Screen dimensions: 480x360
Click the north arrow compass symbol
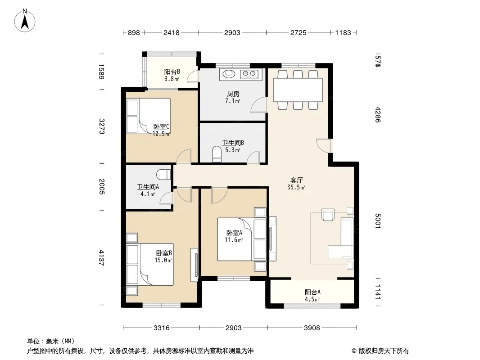click(x=25, y=21)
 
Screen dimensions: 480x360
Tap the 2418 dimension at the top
click(x=172, y=32)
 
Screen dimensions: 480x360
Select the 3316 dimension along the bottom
click(x=161, y=328)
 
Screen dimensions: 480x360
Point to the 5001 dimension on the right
click(x=378, y=221)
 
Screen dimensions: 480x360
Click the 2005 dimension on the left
click(x=102, y=186)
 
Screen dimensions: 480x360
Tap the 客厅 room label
click(x=296, y=180)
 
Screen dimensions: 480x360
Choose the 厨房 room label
click(x=233, y=94)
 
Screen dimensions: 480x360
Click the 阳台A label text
click(x=312, y=292)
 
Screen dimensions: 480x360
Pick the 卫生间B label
click(x=233, y=143)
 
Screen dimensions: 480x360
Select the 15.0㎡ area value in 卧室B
click(x=163, y=260)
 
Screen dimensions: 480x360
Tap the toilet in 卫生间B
click(x=217, y=154)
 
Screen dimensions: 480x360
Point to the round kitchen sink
click(x=228, y=73)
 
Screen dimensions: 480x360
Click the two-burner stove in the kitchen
click(x=249, y=74)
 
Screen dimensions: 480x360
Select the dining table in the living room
click(x=298, y=90)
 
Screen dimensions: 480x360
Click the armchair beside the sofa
click(x=328, y=214)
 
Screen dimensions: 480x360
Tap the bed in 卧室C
click(x=149, y=116)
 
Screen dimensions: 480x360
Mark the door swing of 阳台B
click(x=193, y=76)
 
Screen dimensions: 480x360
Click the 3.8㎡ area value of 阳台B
click(x=172, y=79)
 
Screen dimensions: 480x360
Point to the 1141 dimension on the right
click(x=378, y=292)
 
